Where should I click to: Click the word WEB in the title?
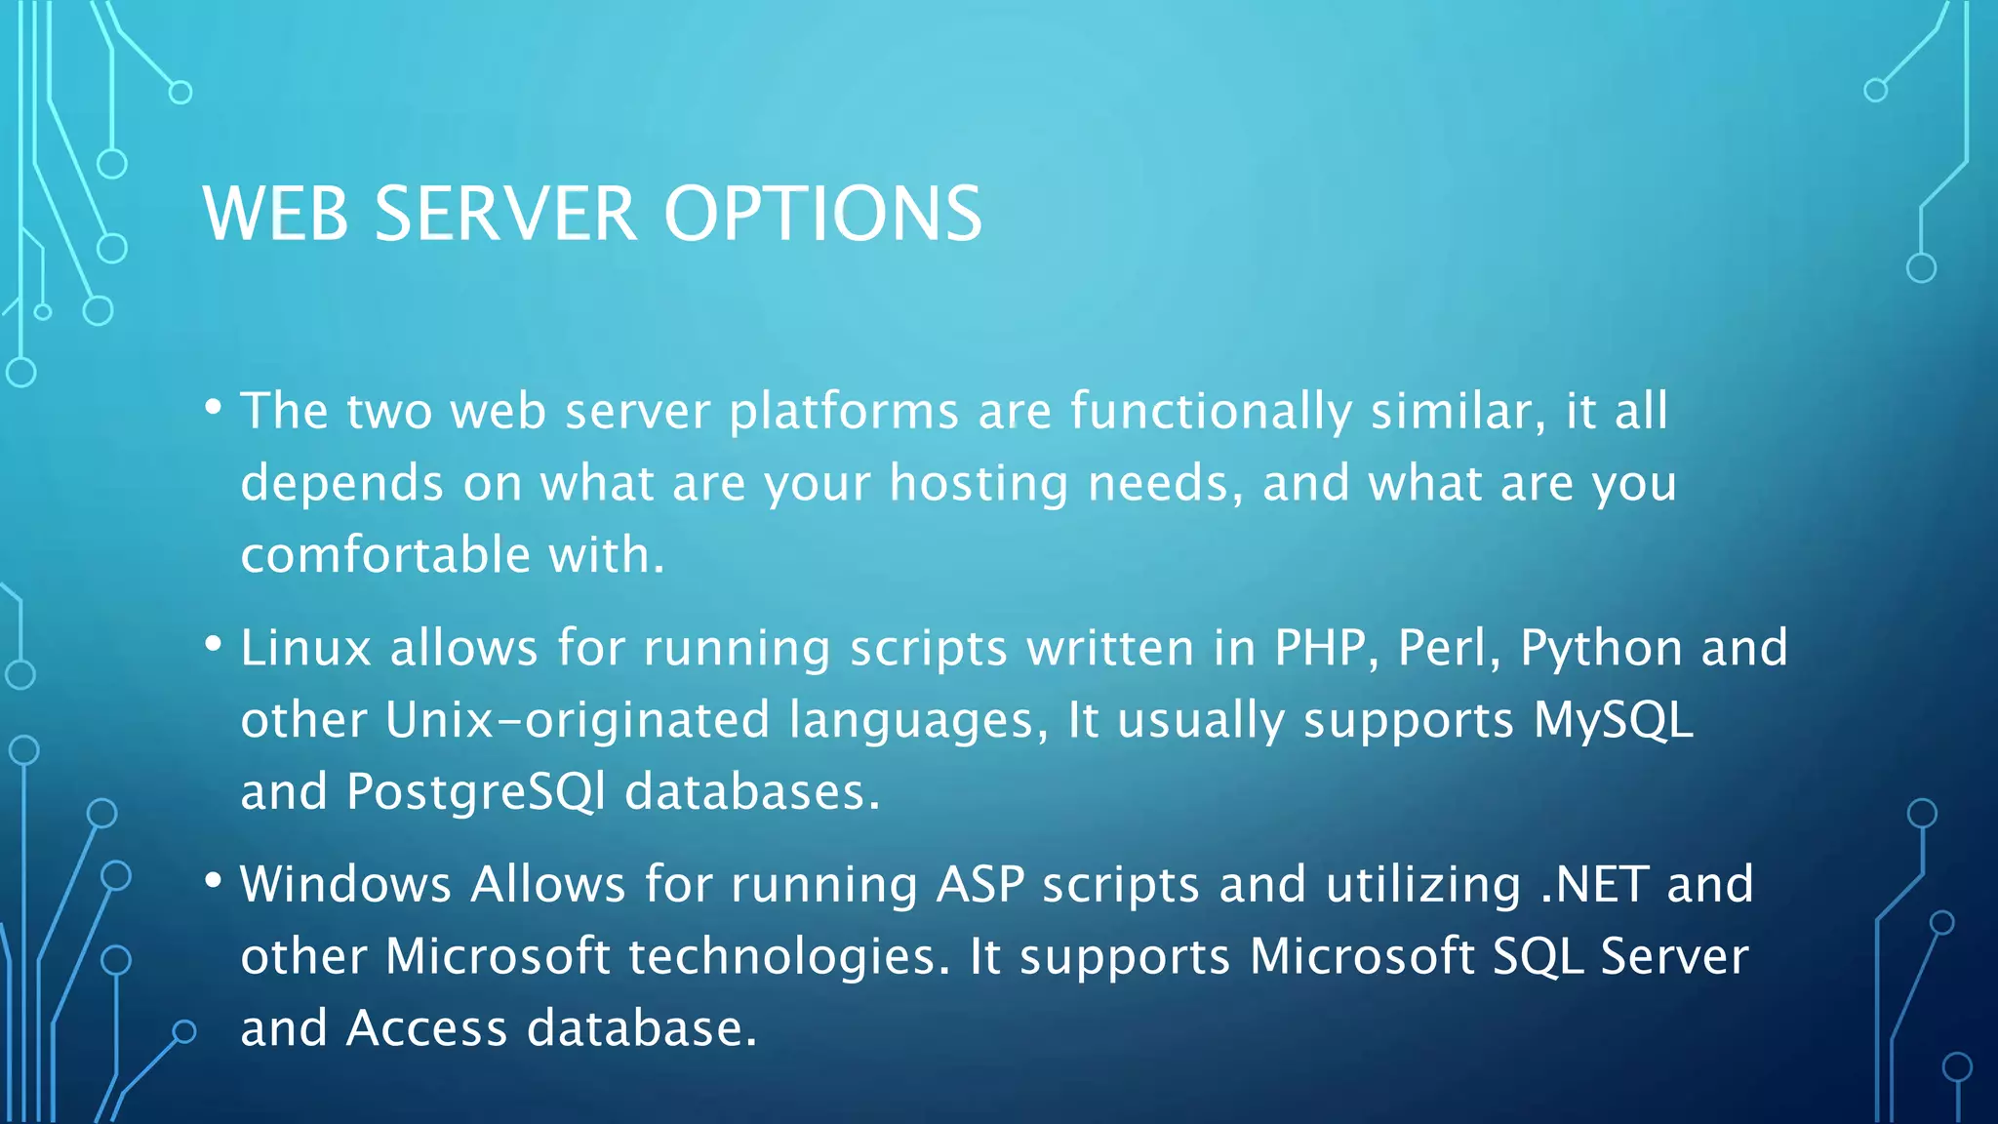point(275,214)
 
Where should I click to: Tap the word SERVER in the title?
point(505,214)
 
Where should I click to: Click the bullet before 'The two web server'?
point(214,407)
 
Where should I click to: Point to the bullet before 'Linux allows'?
point(214,644)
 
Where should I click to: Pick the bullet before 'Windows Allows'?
point(214,880)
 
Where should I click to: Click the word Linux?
point(306,648)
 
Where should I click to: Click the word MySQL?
point(1613,721)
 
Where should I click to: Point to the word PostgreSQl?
point(475,792)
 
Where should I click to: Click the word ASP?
point(979,884)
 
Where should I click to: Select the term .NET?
point(1594,884)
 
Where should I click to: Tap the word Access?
point(427,1028)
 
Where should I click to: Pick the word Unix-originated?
point(578,721)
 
